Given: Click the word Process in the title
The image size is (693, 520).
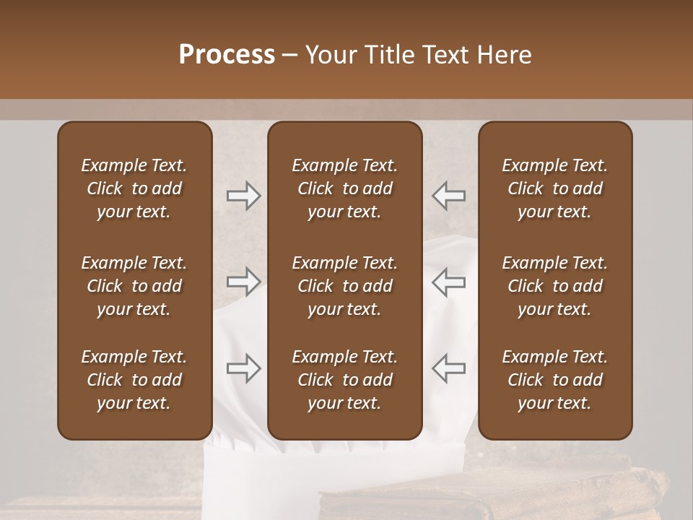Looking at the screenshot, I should tap(227, 55).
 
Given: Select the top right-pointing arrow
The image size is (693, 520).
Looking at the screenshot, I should tap(243, 196).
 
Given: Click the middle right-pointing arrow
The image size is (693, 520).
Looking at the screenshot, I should tap(243, 282).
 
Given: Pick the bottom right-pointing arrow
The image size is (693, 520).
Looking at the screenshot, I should tap(243, 368).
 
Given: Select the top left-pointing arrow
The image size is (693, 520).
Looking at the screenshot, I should tap(449, 196).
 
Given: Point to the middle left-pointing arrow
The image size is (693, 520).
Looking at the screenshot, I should tap(449, 282).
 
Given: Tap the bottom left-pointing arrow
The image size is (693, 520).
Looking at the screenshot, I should tap(449, 368).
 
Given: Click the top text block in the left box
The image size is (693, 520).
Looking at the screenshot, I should tap(134, 188).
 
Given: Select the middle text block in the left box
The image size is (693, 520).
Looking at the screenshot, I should tap(134, 286).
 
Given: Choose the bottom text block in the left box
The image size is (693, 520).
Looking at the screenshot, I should tap(134, 380).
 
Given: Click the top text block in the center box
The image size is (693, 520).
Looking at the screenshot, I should tap(344, 188).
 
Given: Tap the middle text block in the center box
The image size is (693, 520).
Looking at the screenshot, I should tap(344, 286).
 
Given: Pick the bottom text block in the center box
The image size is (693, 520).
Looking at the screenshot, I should tap(344, 380).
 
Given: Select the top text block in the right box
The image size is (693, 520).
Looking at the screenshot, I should tap(555, 188).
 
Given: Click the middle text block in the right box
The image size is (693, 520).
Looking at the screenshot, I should tap(555, 286).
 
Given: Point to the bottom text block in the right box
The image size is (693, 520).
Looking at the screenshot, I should tap(555, 380).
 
